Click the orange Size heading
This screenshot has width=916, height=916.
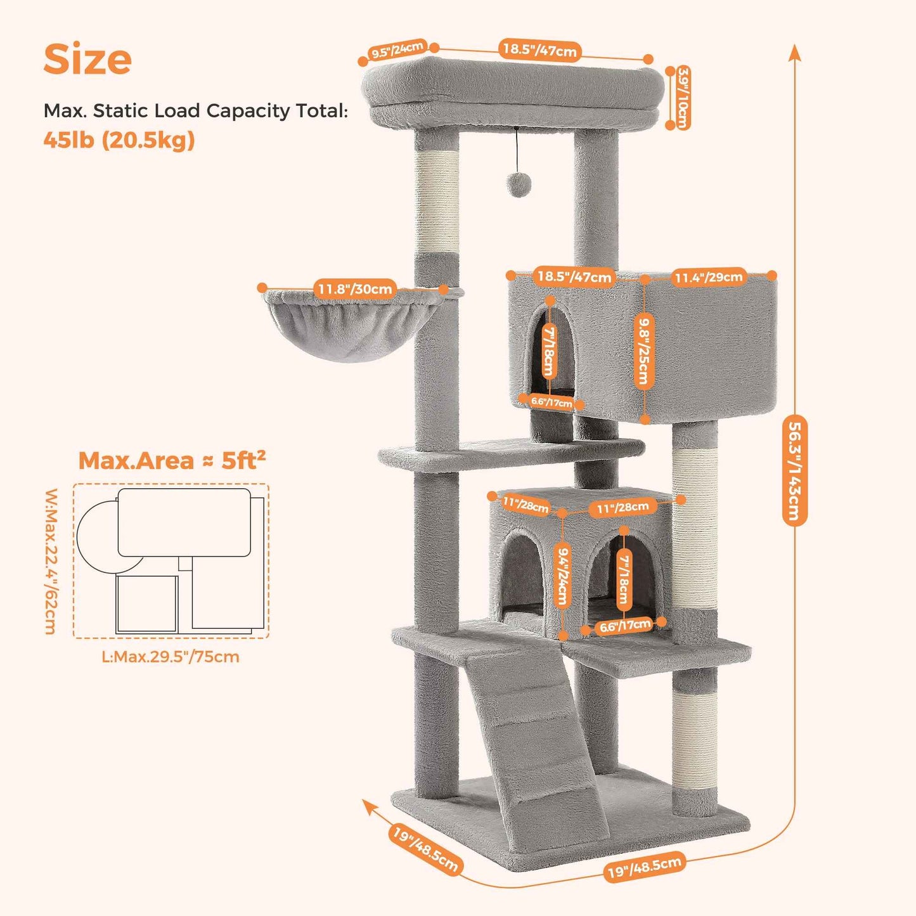87,59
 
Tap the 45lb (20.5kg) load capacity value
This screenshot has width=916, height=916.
119,140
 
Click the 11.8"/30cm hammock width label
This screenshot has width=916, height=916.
355,289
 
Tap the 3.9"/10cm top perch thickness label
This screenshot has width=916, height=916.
683,98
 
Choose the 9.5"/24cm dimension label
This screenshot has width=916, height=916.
397,50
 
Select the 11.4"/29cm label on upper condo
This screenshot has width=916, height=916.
708,277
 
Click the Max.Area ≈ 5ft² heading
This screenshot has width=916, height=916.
172,460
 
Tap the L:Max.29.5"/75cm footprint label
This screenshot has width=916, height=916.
171,657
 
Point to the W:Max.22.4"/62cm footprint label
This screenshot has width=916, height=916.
51,561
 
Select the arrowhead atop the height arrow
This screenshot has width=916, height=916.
795,52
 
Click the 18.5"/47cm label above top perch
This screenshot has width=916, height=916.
540,50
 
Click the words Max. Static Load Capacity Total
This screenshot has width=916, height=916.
195,111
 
